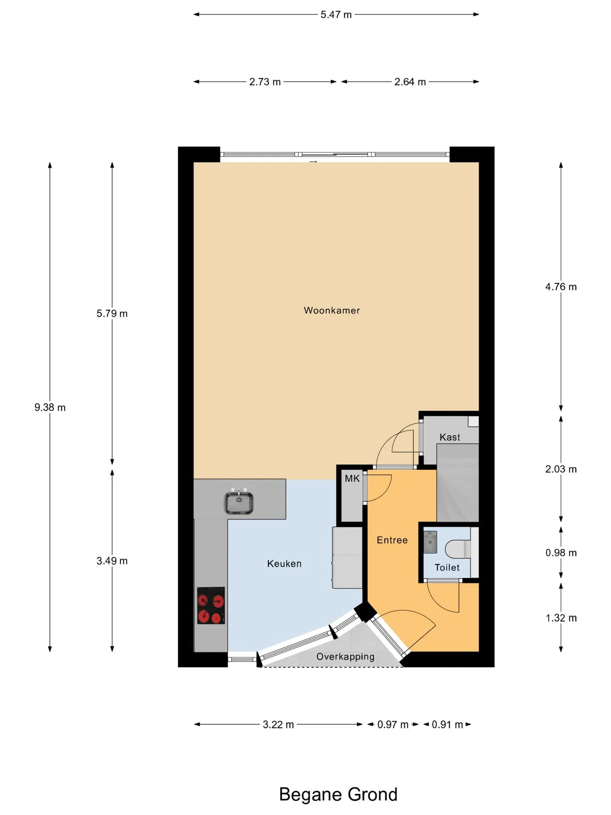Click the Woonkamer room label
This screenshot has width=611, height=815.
332,310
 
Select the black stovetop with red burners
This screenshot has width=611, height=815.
211,606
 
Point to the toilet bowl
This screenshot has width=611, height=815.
458,549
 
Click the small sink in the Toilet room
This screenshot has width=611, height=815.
430,542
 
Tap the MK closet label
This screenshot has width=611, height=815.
352,479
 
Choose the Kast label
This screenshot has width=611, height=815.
450,437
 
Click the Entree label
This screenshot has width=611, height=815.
392,540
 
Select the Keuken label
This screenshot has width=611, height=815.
284,564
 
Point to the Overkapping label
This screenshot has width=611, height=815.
345,657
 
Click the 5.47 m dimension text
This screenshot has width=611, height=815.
336,14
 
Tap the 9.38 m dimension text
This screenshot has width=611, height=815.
50,407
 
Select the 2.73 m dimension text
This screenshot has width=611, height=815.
265,81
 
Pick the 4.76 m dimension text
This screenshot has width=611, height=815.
561,287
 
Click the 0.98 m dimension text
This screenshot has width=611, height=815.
561,553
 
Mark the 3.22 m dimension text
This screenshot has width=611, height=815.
278,725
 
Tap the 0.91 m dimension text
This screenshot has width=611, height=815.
447,725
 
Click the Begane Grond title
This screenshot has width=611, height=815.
338,794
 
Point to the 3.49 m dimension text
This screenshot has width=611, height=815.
112,561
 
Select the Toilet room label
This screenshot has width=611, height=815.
447,568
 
